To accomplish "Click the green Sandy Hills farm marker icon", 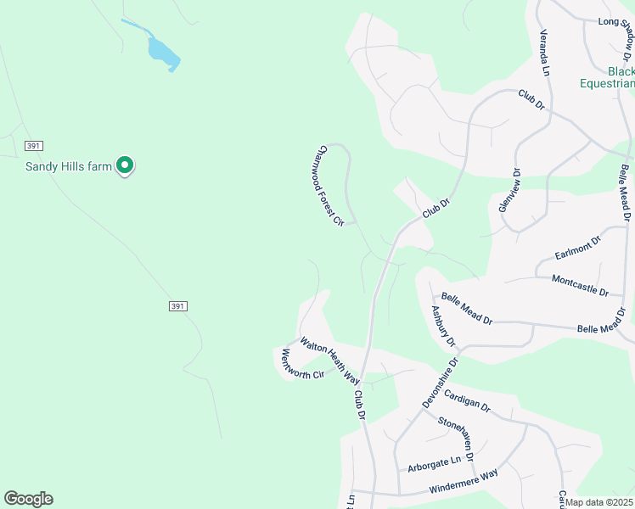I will tap(126, 165).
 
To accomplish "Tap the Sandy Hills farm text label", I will tap(69, 166).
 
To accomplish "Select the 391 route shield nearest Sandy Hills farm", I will tap(34, 146).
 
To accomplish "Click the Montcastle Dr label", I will tap(580, 285).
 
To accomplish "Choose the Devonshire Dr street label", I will tap(440, 383).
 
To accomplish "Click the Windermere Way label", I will tap(464, 485).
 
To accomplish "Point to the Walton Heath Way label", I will tap(329, 361).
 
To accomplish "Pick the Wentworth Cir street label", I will tap(297, 363).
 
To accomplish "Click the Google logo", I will tap(28, 499).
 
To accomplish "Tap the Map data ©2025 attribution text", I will tap(598, 502).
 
